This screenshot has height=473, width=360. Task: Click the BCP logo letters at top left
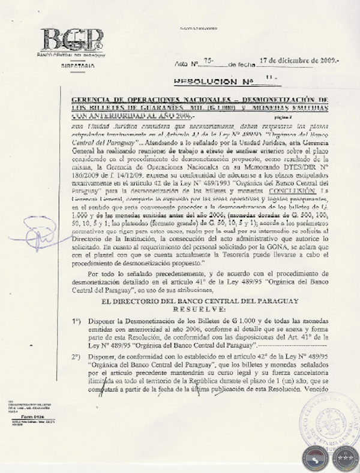tap(73, 40)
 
